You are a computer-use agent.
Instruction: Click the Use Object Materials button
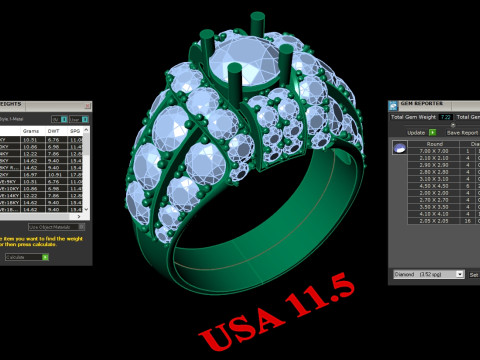click(x=60, y=228)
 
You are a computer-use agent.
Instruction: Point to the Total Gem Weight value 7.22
click(x=445, y=118)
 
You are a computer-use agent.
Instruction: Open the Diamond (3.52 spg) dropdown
click(x=427, y=272)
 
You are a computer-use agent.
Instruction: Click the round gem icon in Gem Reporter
click(x=400, y=148)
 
